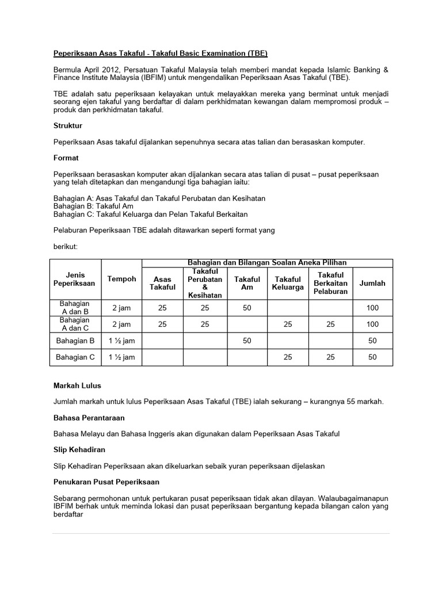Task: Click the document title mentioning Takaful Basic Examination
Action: (160, 53)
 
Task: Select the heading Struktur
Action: (67, 125)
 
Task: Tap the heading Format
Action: (66, 158)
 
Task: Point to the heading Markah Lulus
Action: (77, 385)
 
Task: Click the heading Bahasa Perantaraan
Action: (89, 418)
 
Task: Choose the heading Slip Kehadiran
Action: (79, 449)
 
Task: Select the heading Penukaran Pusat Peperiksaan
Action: (106, 481)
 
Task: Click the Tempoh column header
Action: (121, 279)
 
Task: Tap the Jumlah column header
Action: (372, 283)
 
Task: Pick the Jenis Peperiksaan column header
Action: (74, 279)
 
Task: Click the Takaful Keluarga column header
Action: (287, 283)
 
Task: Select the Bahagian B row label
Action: (75, 341)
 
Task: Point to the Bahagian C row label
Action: (75, 357)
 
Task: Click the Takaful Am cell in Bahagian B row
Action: (247, 341)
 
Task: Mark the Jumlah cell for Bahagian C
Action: (372, 357)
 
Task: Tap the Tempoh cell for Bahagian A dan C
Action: (121, 324)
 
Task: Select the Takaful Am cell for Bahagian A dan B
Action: (247, 308)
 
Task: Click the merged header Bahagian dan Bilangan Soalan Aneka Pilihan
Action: (267, 263)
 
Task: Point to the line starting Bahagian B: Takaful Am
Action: (93, 206)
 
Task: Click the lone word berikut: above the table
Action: (65, 246)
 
